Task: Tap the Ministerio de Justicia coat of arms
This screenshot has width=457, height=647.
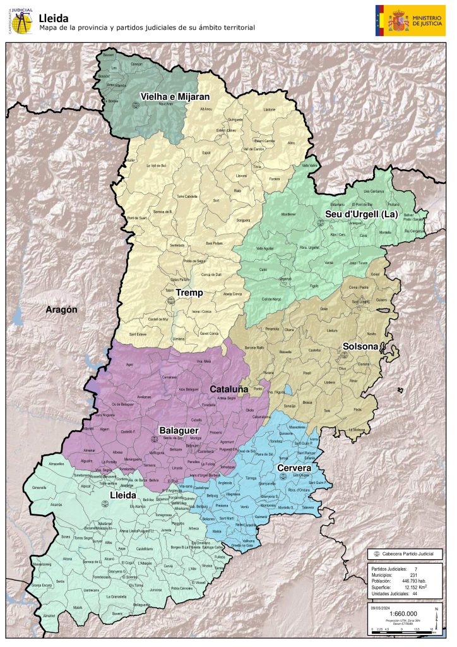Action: (x=398, y=20)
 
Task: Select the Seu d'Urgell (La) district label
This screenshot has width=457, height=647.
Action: (x=361, y=214)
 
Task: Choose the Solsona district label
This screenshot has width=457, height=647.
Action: (x=360, y=346)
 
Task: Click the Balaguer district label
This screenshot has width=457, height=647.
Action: (x=177, y=430)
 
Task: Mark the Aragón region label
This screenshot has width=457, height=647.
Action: (x=61, y=310)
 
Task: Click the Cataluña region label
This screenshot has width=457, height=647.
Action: (x=229, y=389)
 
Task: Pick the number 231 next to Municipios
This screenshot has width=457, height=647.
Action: (x=413, y=574)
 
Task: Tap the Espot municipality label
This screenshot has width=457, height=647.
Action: (x=206, y=153)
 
